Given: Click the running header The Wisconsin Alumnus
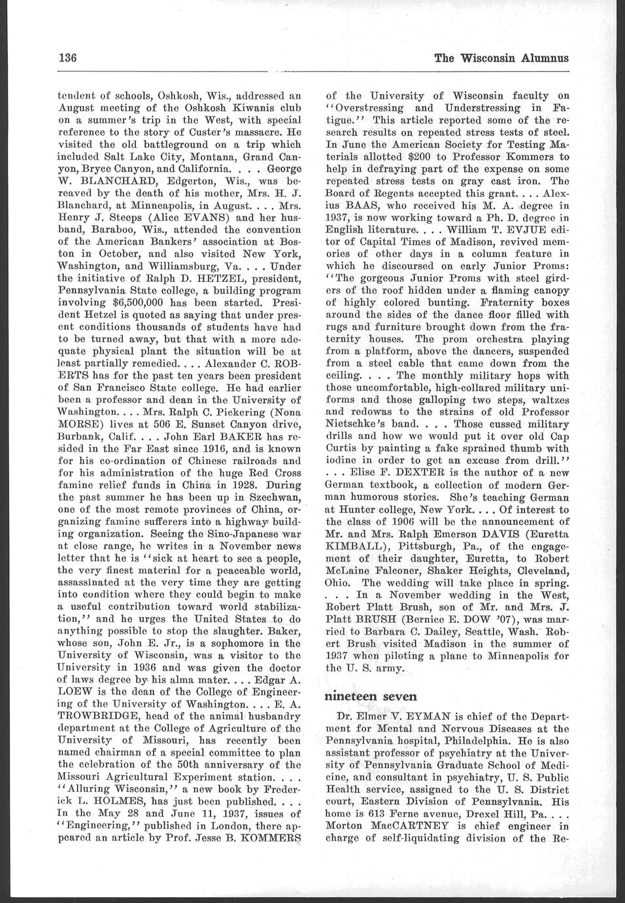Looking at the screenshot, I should point(501,58).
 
